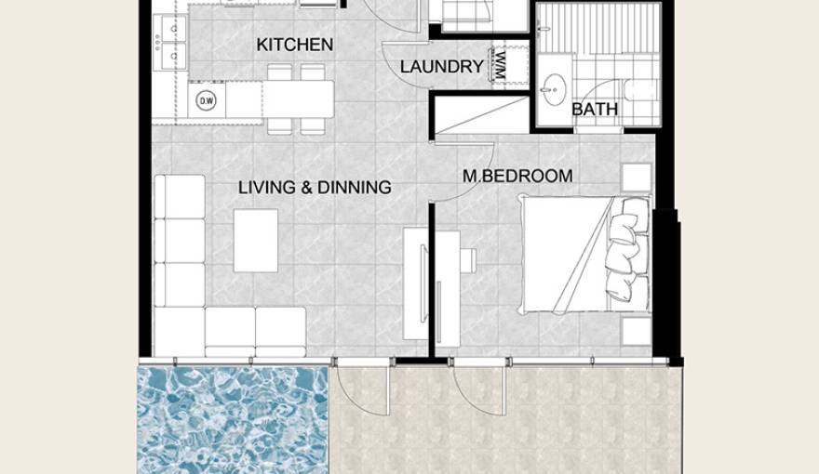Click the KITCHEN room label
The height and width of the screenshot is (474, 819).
click(x=294, y=45)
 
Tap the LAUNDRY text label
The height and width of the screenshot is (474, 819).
click(x=441, y=67)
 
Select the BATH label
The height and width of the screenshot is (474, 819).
click(x=595, y=110)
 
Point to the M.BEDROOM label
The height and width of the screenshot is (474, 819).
click(x=517, y=176)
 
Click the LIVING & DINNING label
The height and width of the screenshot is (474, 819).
click(x=315, y=188)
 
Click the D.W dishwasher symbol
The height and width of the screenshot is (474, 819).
click(x=206, y=100)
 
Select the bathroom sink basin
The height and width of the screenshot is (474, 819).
click(x=557, y=87)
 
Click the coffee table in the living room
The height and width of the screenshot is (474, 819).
click(x=255, y=240)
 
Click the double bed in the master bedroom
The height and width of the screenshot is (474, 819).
click(x=582, y=253)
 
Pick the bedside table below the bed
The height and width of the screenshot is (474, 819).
click(x=637, y=331)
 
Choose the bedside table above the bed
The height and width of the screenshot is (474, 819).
click(x=637, y=178)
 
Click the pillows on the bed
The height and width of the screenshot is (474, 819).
click(x=625, y=253)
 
